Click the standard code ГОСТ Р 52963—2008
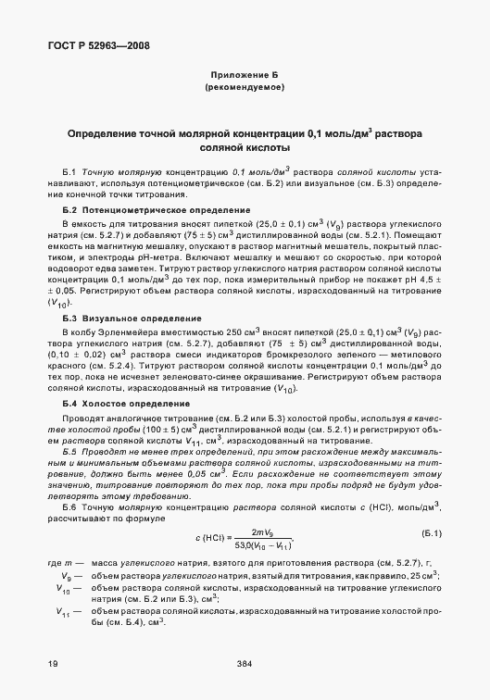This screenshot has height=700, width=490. [89, 44]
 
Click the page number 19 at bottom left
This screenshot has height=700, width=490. [53, 664]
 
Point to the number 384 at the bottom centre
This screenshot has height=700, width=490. [245, 664]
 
